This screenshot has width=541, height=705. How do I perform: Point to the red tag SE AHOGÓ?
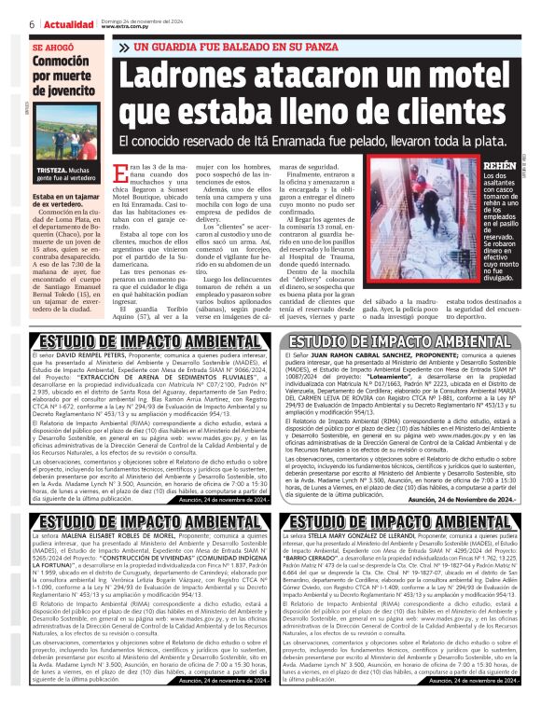pos(51,47)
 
